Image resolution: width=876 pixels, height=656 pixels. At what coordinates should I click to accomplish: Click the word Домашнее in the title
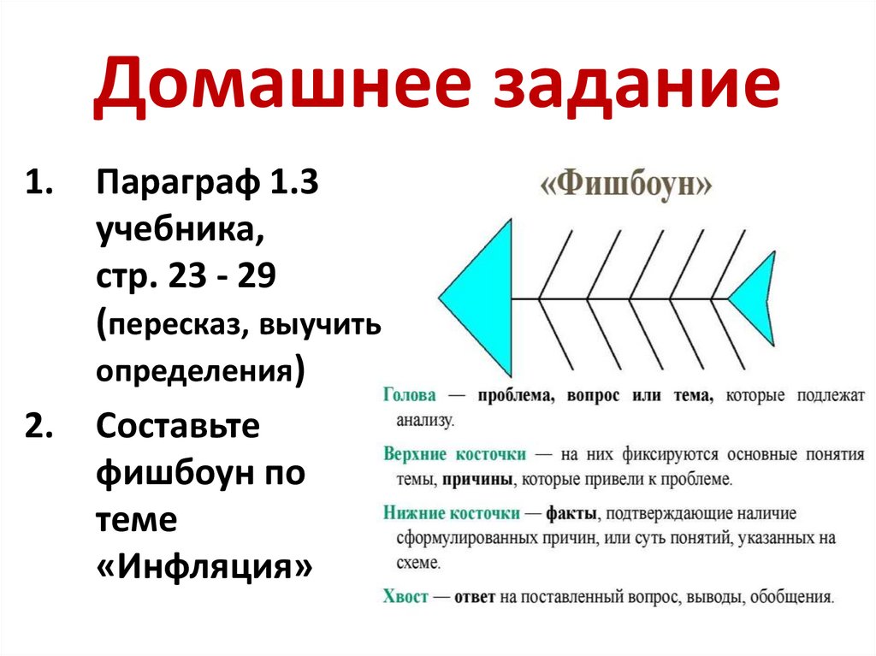click(284, 88)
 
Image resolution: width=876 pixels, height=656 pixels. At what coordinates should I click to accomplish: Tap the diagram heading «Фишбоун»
click(626, 185)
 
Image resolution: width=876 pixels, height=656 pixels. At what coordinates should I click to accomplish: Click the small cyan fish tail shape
click(757, 298)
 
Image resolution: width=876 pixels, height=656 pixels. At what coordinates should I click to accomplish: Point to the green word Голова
click(410, 395)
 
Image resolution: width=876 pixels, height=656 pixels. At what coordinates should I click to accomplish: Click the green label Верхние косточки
click(454, 453)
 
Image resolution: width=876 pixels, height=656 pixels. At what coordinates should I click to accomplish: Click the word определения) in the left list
click(200, 372)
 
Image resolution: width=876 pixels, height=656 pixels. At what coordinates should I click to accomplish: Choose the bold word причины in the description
click(477, 480)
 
